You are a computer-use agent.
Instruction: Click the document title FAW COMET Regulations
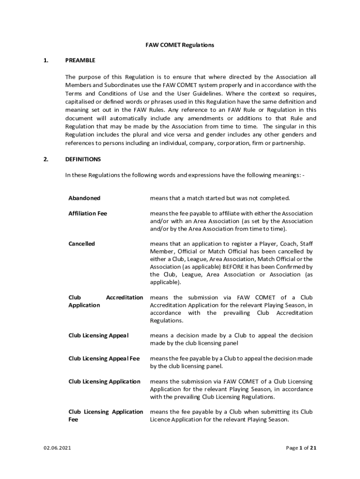click(x=180, y=45)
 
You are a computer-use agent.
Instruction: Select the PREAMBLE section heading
click(x=80, y=60)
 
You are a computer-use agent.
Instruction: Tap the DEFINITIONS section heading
click(x=83, y=159)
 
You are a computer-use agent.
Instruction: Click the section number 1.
click(x=45, y=60)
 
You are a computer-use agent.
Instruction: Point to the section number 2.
click(x=45, y=159)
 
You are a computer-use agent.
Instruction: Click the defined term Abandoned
click(x=84, y=198)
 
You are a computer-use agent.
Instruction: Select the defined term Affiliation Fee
click(x=87, y=213)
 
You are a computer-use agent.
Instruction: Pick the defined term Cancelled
click(x=81, y=244)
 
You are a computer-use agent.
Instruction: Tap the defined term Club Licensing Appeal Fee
click(x=104, y=358)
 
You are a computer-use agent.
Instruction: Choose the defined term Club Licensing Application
click(x=104, y=381)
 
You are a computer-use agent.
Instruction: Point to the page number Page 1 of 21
click(x=301, y=448)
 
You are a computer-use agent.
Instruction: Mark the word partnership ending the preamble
click(x=288, y=143)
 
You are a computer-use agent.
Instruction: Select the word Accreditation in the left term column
click(x=124, y=298)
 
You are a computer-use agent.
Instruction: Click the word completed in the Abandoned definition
click(x=274, y=198)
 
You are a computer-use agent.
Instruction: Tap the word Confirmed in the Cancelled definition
click(x=293, y=267)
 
